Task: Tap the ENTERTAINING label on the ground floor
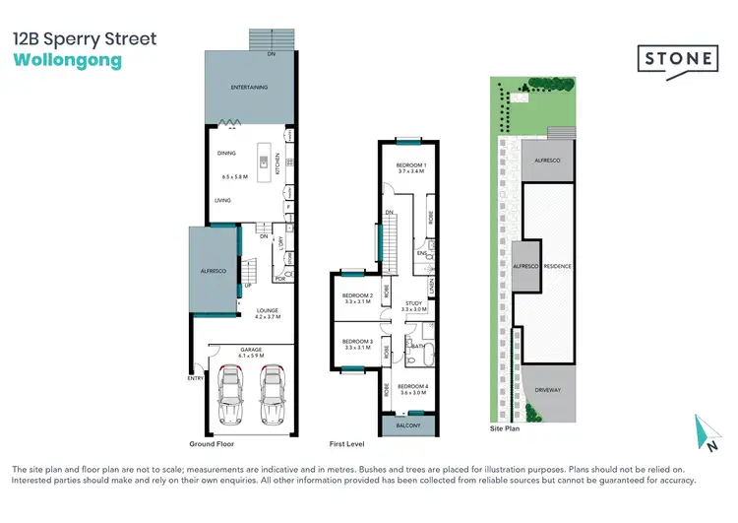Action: coord(250,88)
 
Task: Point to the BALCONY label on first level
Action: coord(406,425)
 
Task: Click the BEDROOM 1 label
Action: coord(409,164)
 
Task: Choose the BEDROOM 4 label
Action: coord(412,386)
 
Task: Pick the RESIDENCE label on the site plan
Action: coord(558,267)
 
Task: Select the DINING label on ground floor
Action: coord(227,154)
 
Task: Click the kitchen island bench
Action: coord(265,163)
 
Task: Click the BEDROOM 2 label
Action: coord(356,295)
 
